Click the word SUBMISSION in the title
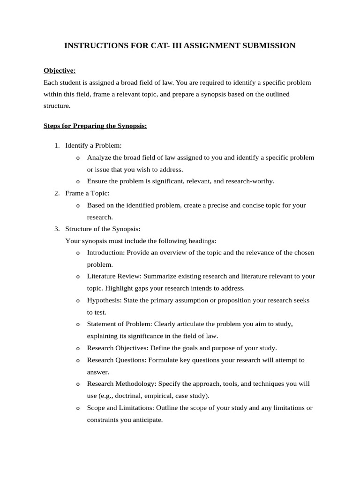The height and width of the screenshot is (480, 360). (269, 46)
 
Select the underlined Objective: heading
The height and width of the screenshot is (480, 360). (60, 71)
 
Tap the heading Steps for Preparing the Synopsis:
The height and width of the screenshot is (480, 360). (95, 126)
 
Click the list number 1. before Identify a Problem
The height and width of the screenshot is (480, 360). (57, 146)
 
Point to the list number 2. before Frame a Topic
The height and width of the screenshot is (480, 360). (57, 193)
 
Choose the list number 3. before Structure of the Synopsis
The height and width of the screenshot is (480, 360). (57, 229)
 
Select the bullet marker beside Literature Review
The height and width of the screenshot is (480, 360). (78, 277)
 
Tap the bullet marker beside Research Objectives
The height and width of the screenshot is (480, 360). (78, 348)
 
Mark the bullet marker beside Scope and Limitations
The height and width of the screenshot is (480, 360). (78, 408)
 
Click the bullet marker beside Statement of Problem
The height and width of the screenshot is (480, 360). (78, 324)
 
